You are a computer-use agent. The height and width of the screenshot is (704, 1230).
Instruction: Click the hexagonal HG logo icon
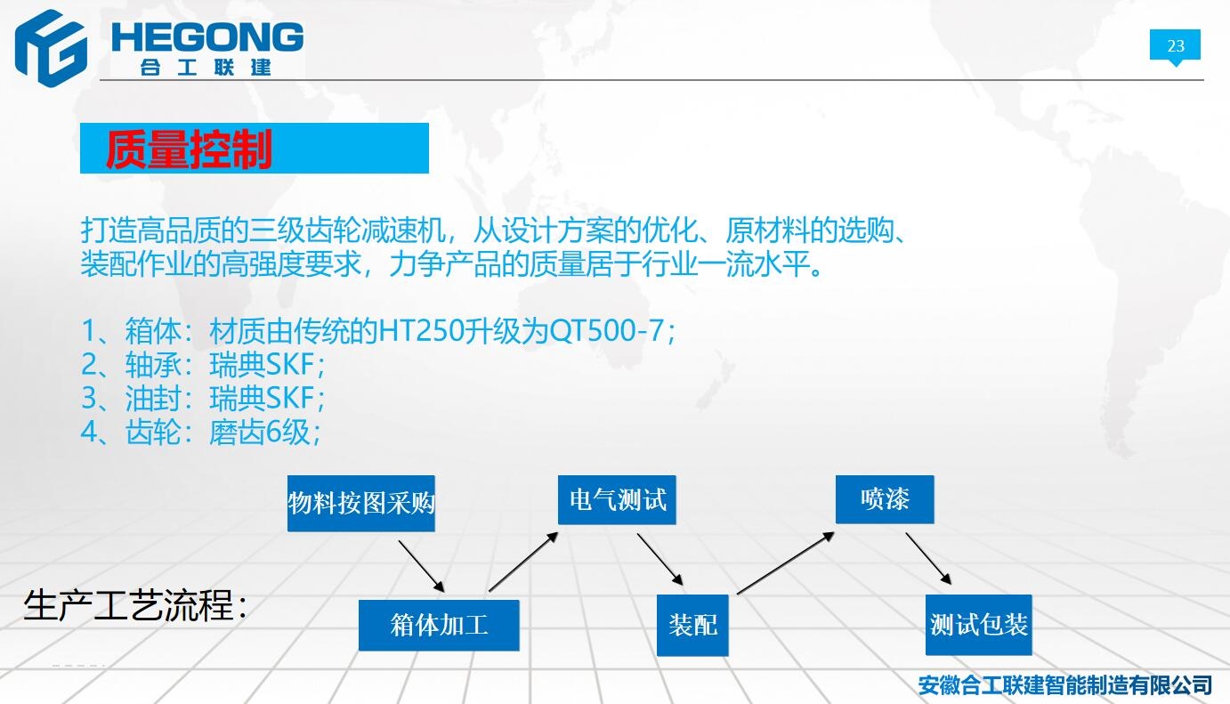[x=51, y=48]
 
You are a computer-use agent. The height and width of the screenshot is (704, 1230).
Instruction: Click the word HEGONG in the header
[x=207, y=37]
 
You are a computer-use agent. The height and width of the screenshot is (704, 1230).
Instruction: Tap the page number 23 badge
[x=1175, y=45]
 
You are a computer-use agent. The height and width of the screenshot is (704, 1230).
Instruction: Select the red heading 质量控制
[x=189, y=149]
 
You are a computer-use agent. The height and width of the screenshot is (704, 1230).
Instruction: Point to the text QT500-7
[x=606, y=330]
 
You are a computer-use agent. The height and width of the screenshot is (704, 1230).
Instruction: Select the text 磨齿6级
[x=260, y=433]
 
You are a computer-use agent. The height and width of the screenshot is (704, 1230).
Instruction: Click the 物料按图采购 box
[x=360, y=503]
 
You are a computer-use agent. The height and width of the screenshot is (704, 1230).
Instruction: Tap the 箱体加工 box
[x=439, y=625]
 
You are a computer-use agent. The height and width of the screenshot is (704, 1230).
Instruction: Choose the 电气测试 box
[x=617, y=499]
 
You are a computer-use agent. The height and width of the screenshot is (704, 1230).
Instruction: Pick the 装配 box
[x=692, y=625]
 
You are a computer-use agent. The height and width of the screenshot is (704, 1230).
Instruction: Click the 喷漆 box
[x=885, y=499]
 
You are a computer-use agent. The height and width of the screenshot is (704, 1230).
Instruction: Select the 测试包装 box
[x=978, y=625]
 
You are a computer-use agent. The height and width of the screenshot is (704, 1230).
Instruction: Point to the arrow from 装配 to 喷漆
[x=786, y=562]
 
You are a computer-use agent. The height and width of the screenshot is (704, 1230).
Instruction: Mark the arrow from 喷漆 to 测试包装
[x=928, y=558]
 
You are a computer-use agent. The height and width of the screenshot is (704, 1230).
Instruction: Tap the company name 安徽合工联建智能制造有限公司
[x=1064, y=684]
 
